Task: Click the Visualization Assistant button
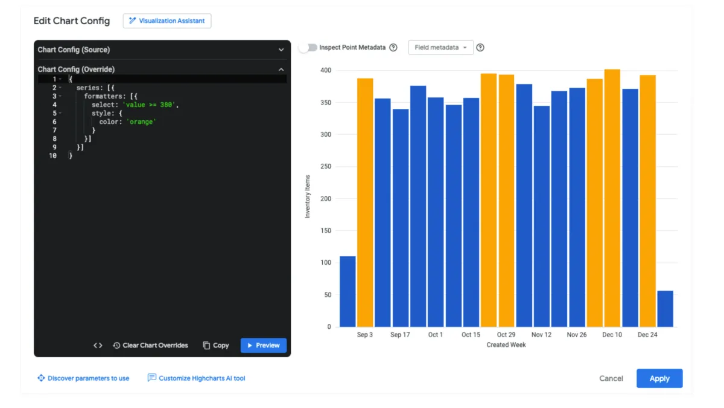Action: tap(167, 21)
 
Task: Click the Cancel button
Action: tap(611, 378)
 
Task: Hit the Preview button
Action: tap(263, 345)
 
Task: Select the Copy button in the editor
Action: tap(215, 345)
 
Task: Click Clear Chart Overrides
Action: tap(150, 345)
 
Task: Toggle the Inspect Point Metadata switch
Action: tap(308, 47)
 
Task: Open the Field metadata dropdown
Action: tap(440, 47)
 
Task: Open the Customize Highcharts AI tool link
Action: tap(197, 378)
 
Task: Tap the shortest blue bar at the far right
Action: tap(665, 309)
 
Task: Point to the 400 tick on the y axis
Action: tap(325, 71)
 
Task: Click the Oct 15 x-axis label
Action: tap(471, 335)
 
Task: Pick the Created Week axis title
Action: tap(506, 345)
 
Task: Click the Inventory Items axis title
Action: tap(308, 196)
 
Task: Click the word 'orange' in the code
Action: tap(141, 121)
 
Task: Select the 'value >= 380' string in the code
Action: tap(150, 105)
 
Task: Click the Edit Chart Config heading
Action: tap(72, 21)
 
